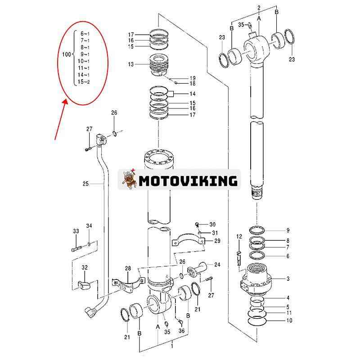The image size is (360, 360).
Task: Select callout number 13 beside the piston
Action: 131,64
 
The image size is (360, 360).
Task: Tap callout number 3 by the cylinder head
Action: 288,279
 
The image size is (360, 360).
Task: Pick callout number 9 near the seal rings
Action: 288,230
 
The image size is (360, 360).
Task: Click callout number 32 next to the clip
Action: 85,267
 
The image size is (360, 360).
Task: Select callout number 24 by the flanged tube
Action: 217,264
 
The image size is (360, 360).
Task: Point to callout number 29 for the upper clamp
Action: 217,241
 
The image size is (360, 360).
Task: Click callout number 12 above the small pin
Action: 239,236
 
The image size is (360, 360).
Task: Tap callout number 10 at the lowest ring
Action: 288,320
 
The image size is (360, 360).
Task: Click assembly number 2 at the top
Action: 259,8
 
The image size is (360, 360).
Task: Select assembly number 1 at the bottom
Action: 171,346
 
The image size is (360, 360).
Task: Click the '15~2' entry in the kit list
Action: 84,82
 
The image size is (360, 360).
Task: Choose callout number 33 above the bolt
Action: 76,231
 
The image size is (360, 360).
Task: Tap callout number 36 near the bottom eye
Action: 181,331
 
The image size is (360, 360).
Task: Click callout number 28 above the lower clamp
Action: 128,269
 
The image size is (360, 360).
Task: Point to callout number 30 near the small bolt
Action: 212,224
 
